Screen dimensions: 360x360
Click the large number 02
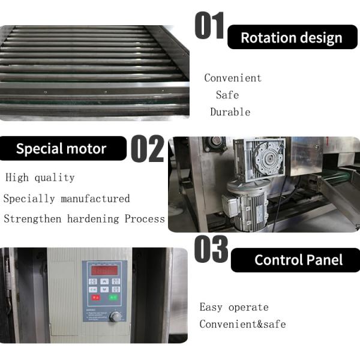[x=147, y=149]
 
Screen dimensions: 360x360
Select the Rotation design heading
[x=292, y=37]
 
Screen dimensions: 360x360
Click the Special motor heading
[x=61, y=149]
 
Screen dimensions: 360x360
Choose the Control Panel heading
[x=298, y=260]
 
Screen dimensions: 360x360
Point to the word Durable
[x=230, y=112]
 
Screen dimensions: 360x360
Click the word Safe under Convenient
[x=227, y=95]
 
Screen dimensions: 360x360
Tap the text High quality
[x=40, y=178]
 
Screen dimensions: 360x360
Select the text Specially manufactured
[x=67, y=199]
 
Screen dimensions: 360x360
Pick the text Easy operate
[x=234, y=307]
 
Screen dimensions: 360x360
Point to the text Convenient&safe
[x=243, y=325]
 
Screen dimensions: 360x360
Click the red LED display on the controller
[x=103, y=271]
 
